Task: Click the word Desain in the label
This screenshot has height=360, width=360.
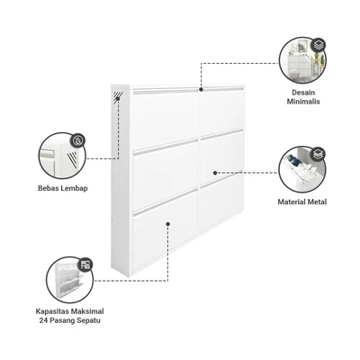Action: pos(303,93)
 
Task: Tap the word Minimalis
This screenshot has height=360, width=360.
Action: pos(303,102)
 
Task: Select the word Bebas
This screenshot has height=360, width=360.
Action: pos(49,188)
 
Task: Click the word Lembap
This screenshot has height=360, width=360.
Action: pos(74,189)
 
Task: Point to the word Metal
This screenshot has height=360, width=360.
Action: pos(316,202)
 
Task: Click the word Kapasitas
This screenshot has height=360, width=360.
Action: pos(52,311)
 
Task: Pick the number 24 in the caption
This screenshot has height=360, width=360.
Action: pos(43,320)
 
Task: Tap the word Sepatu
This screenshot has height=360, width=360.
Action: pos(89,320)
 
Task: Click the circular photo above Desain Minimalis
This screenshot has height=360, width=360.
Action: pos(303,61)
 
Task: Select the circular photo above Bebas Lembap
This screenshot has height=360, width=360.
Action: pos(62,156)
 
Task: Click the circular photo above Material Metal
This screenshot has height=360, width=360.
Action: pos(302,169)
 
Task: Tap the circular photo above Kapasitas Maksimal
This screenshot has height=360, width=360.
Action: pos(70,280)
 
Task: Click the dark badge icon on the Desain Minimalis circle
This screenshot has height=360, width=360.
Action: pos(318,46)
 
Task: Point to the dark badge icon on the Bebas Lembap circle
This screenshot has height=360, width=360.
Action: pos(78,140)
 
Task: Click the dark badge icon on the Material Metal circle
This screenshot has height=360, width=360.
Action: pos(318,154)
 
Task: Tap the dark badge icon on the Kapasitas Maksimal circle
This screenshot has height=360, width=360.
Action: pos(85,264)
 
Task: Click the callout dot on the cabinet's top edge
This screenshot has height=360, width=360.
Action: pos(201,89)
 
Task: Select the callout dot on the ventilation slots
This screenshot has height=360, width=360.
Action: pos(118,98)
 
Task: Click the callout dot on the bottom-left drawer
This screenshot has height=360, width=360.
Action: pos(168,224)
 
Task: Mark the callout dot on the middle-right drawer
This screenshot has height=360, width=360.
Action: pos(215,173)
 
